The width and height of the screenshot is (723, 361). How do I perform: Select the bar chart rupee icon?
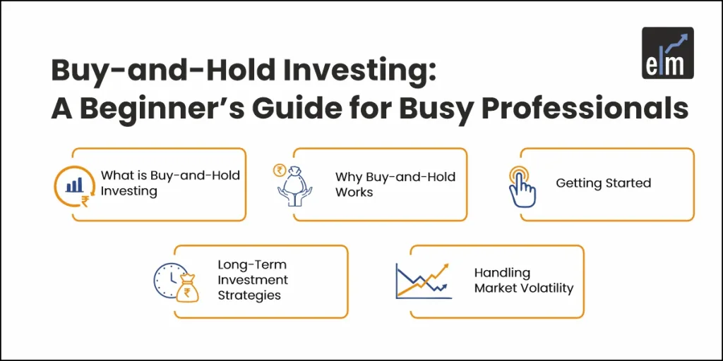[x=73, y=186]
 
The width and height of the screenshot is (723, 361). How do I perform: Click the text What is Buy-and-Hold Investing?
[x=170, y=183]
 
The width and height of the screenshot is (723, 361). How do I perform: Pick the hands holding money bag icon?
[x=294, y=185]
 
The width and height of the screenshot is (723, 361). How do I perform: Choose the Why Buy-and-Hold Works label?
[x=395, y=183]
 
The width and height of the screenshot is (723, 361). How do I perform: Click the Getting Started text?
[x=603, y=183]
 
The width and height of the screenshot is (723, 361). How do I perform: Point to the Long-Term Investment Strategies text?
[x=252, y=281]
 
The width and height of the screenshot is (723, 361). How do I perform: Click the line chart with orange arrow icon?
[x=423, y=281]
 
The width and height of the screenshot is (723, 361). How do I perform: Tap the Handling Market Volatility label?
[x=523, y=281]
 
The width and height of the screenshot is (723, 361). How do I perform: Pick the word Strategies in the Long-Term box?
[x=249, y=295]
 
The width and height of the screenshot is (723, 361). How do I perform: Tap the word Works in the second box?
[x=354, y=191]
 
